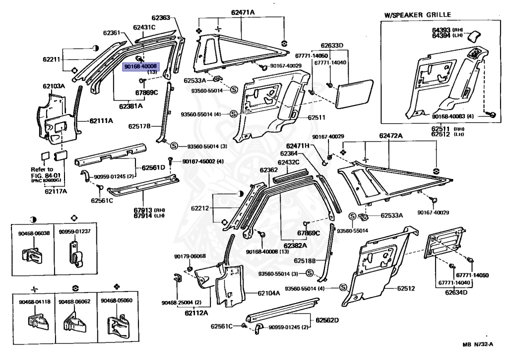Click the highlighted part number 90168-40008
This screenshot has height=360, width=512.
(x=140, y=66)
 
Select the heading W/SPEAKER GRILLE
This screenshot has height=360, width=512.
(x=417, y=15)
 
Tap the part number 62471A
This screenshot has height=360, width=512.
(x=242, y=12)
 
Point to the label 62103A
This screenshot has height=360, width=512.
(x=53, y=86)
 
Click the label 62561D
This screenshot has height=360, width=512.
(x=153, y=167)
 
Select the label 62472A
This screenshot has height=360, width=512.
(x=390, y=135)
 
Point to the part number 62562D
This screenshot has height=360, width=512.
(x=327, y=320)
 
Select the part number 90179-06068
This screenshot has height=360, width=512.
(x=190, y=256)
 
